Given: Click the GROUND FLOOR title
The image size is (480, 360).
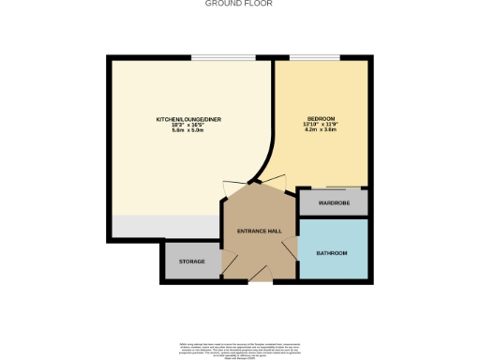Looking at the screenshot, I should click(239, 4).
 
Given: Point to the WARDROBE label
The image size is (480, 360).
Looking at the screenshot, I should click(333, 202).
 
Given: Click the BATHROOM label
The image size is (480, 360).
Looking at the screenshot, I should click(332, 253).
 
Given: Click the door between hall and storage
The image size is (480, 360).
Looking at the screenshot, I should click(222, 262).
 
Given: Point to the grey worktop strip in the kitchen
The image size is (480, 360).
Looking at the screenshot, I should click(164, 226).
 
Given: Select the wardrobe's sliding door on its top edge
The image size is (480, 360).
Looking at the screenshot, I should click(332, 190).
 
